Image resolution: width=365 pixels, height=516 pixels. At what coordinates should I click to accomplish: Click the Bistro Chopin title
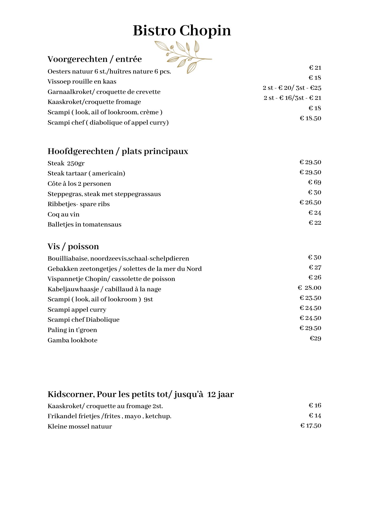point(182,30)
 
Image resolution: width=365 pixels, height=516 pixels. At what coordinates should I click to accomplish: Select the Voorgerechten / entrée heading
point(94,59)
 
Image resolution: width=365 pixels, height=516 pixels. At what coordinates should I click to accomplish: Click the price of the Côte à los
point(314,182)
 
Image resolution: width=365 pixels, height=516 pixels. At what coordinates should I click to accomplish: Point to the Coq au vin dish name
point(64,214)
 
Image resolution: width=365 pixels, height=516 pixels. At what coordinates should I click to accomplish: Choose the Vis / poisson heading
point(73,246)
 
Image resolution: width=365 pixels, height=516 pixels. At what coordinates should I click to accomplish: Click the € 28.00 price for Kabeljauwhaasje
point(309,288)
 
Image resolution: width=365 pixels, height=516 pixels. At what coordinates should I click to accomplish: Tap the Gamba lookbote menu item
point(73,340)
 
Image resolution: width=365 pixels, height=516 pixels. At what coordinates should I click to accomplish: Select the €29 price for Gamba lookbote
point(315,338)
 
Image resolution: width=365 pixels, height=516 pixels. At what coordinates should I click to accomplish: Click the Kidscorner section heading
point(141,394)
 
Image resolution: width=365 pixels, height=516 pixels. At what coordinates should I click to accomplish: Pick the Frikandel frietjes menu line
point(109,416)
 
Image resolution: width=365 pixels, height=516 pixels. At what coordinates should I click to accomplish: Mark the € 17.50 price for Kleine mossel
point(311,426)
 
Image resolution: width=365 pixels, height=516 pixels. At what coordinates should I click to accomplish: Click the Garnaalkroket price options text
point(292,88)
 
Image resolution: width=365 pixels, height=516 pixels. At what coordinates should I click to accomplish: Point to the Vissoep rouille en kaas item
point(82,82)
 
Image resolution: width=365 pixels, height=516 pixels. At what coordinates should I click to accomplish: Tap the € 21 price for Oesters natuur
point(315,68)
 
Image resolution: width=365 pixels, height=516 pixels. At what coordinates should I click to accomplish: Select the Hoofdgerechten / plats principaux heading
point(118,151)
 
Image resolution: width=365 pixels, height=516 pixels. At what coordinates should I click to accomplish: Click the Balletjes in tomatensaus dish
point(84,224)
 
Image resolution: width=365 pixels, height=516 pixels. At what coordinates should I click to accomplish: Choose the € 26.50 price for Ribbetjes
point(310,202)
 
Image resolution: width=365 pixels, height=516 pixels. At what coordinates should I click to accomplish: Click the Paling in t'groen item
point(72,330)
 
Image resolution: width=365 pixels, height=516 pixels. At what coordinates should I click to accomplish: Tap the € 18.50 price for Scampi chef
point(310,118)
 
